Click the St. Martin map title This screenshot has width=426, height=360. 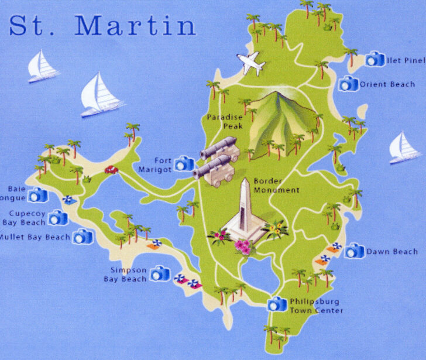pyautogui.click(x=102, y=25)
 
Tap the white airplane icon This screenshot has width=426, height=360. pyautogui.click(x=251, y=63)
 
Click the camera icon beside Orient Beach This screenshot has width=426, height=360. pyautogui.click(x=349, y=84)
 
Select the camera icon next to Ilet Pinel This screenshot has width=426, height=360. pyautogui.click(x=375, y=59)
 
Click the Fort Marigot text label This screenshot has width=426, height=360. pyautogui.click(x=156, y=164)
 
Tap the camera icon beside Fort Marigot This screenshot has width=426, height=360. pyautogui.click(x=184, y=163)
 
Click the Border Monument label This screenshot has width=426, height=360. pyautogui.click(x=276, y=186)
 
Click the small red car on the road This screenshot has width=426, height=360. pyautogui.click(x=111, y=170)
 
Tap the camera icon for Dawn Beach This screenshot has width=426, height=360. pyautogui.click(x=353, y=252)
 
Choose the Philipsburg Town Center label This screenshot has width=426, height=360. pyautogui.click(x=316, y=306)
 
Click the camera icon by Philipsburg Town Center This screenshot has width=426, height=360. pyautogui.click(x=277, y=304)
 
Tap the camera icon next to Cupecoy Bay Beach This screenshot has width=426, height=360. pyautogui.click(x=58, y=218)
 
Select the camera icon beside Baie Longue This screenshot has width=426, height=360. pyautogui.click(x=38, y=195)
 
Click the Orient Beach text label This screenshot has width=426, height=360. pyautogui.click(x=387, y=84)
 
